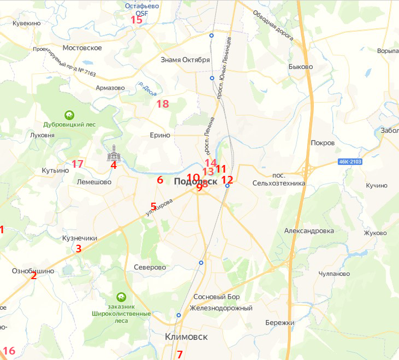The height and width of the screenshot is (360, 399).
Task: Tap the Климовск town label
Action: (186, 337)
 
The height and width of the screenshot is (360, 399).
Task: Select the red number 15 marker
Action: (136, 20)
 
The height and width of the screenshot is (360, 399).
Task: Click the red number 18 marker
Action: (163, 104)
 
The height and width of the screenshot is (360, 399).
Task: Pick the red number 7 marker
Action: (180, 354)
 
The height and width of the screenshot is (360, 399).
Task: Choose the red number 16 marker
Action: (9, 351)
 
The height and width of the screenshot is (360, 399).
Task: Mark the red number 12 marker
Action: (227, 179)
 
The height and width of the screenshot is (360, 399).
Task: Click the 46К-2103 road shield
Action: (350, 162)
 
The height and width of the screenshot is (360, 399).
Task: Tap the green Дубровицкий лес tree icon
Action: (69, 115)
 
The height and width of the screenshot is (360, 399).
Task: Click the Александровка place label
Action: (309, 231)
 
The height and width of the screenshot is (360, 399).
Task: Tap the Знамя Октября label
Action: (186, 60)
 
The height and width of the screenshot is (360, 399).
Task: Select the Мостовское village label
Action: (82, 48)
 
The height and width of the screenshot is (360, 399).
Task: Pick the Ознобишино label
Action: (33, 272)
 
